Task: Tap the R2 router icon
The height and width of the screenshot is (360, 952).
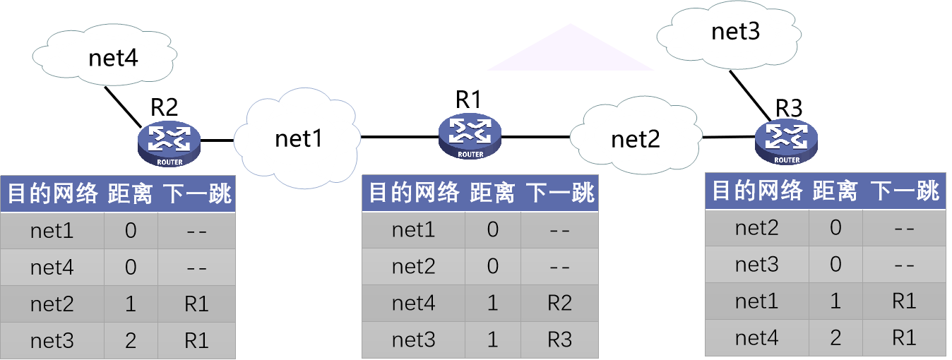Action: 169,143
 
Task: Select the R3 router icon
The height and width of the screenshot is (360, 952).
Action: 787,141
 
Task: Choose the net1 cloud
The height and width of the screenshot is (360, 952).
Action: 298,138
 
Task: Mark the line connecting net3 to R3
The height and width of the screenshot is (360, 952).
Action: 751,96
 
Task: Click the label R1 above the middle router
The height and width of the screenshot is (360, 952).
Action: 468,100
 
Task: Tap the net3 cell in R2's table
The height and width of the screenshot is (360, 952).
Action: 52,341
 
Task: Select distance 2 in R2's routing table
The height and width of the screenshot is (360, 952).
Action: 131,341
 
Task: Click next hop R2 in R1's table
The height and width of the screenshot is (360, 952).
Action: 559,304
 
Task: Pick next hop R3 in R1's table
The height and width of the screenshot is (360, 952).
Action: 559,340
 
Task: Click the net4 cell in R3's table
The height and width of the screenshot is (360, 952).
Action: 757,337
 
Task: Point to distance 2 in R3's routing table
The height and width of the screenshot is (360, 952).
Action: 835,337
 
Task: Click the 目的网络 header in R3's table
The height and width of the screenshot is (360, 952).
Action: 756,191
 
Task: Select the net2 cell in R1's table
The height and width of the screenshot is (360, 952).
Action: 413,266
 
